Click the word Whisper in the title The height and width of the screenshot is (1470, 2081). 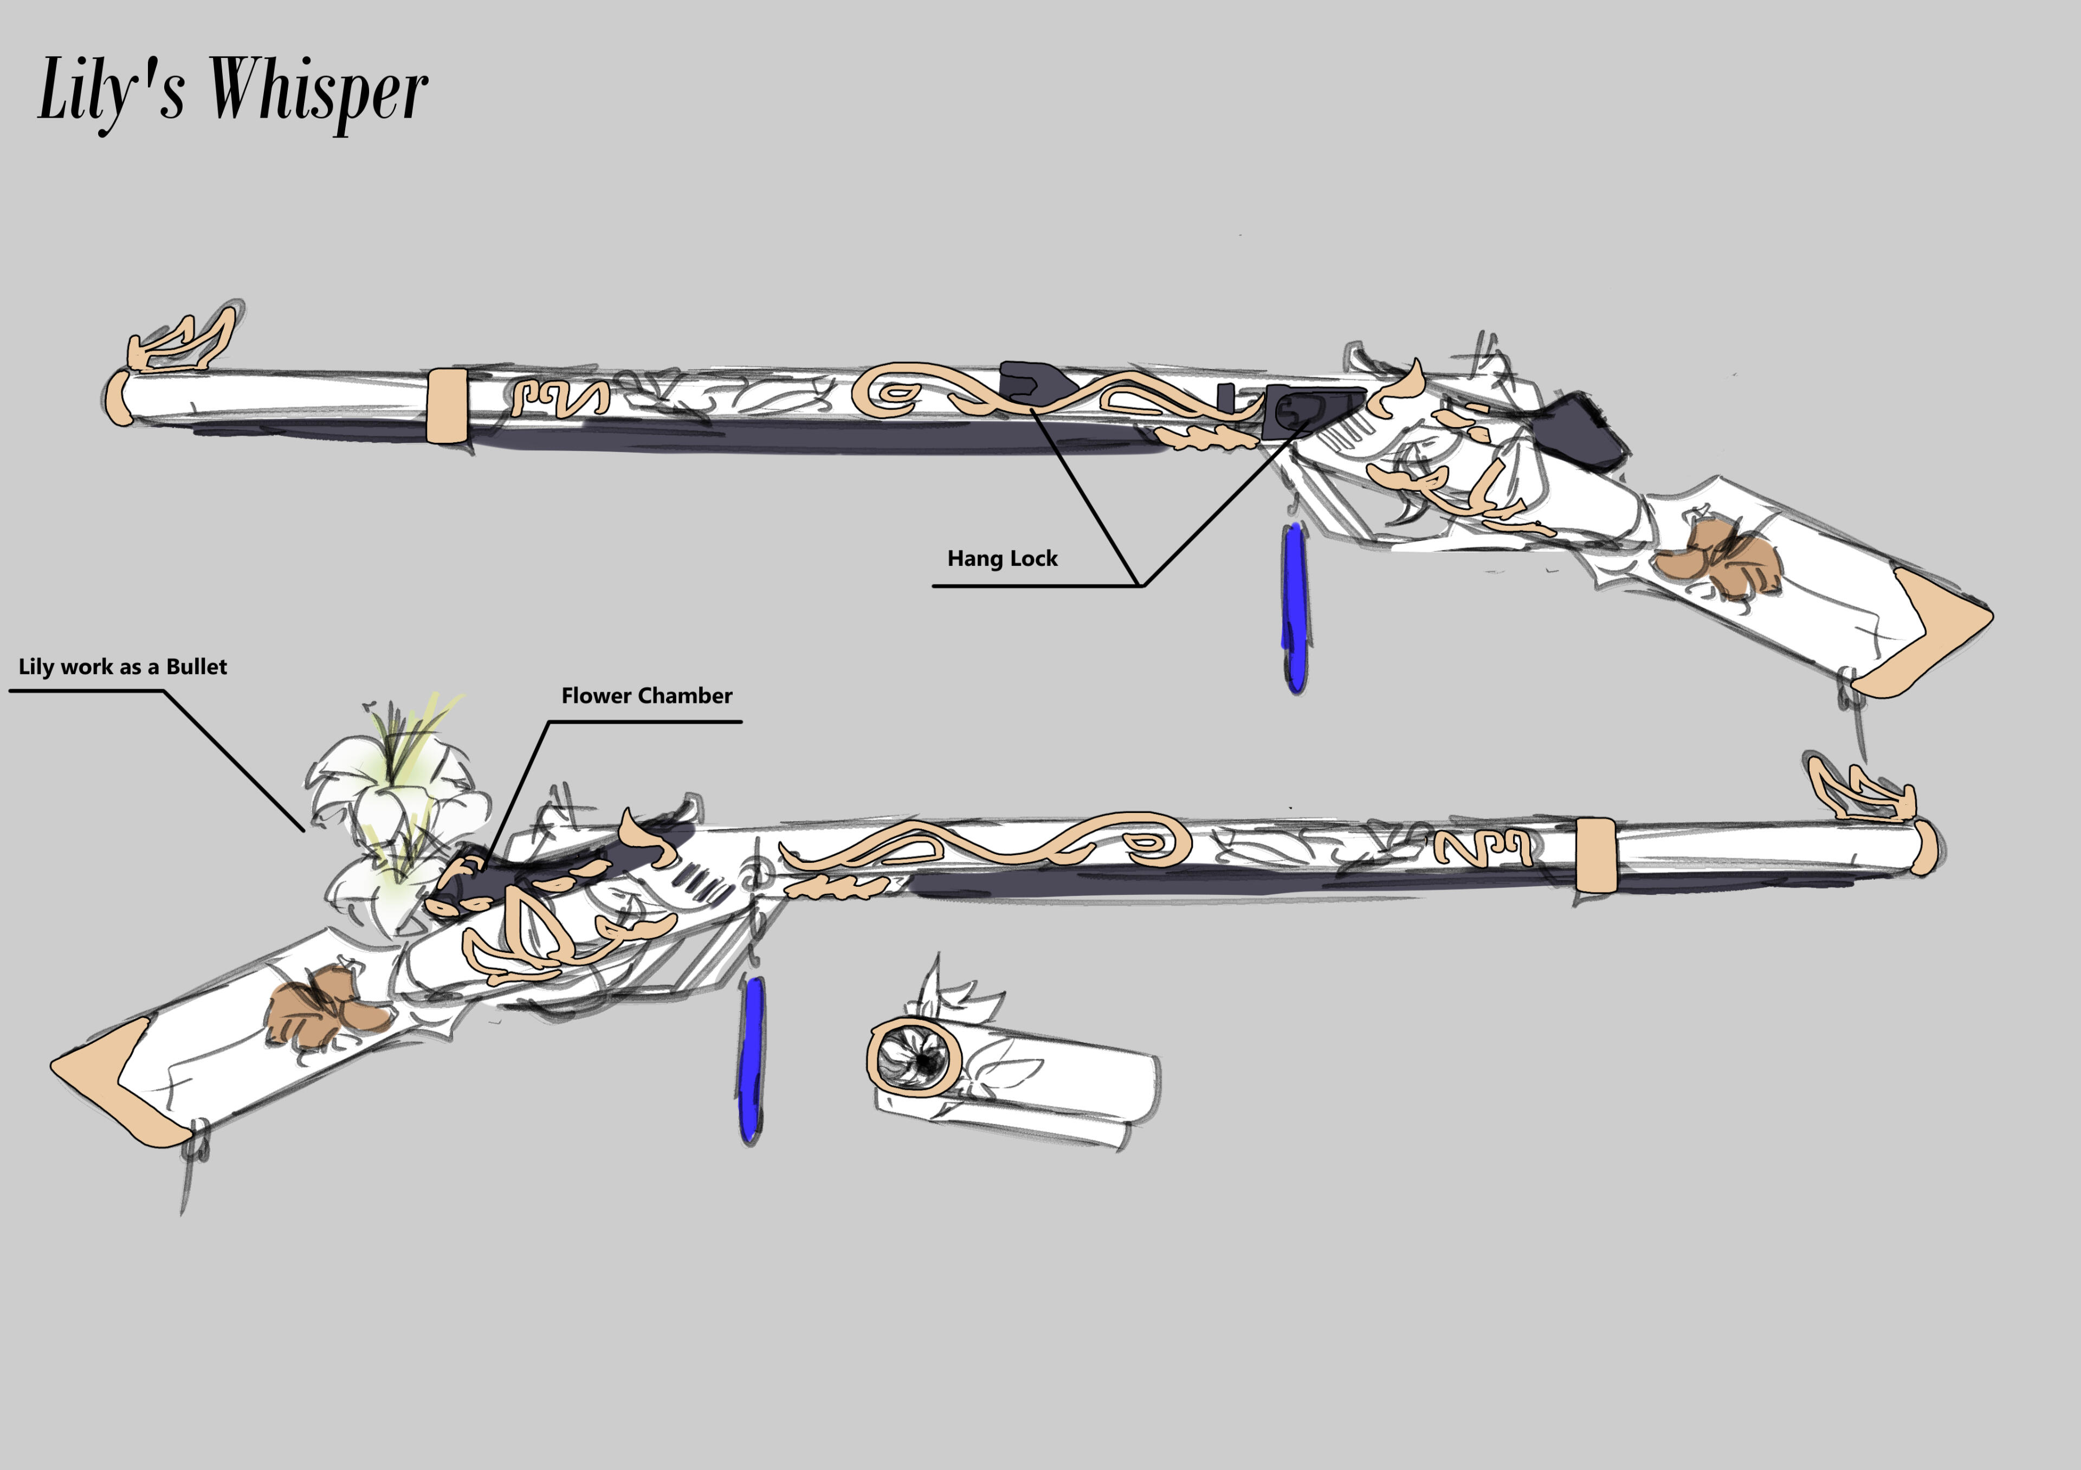coord(319,91)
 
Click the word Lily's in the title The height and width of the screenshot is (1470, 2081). coord(112,91)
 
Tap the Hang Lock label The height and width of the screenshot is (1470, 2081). coord(1003,558)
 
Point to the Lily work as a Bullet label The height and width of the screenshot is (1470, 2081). coord(122,667)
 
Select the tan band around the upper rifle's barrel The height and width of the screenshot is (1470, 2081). coord(447,405)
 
